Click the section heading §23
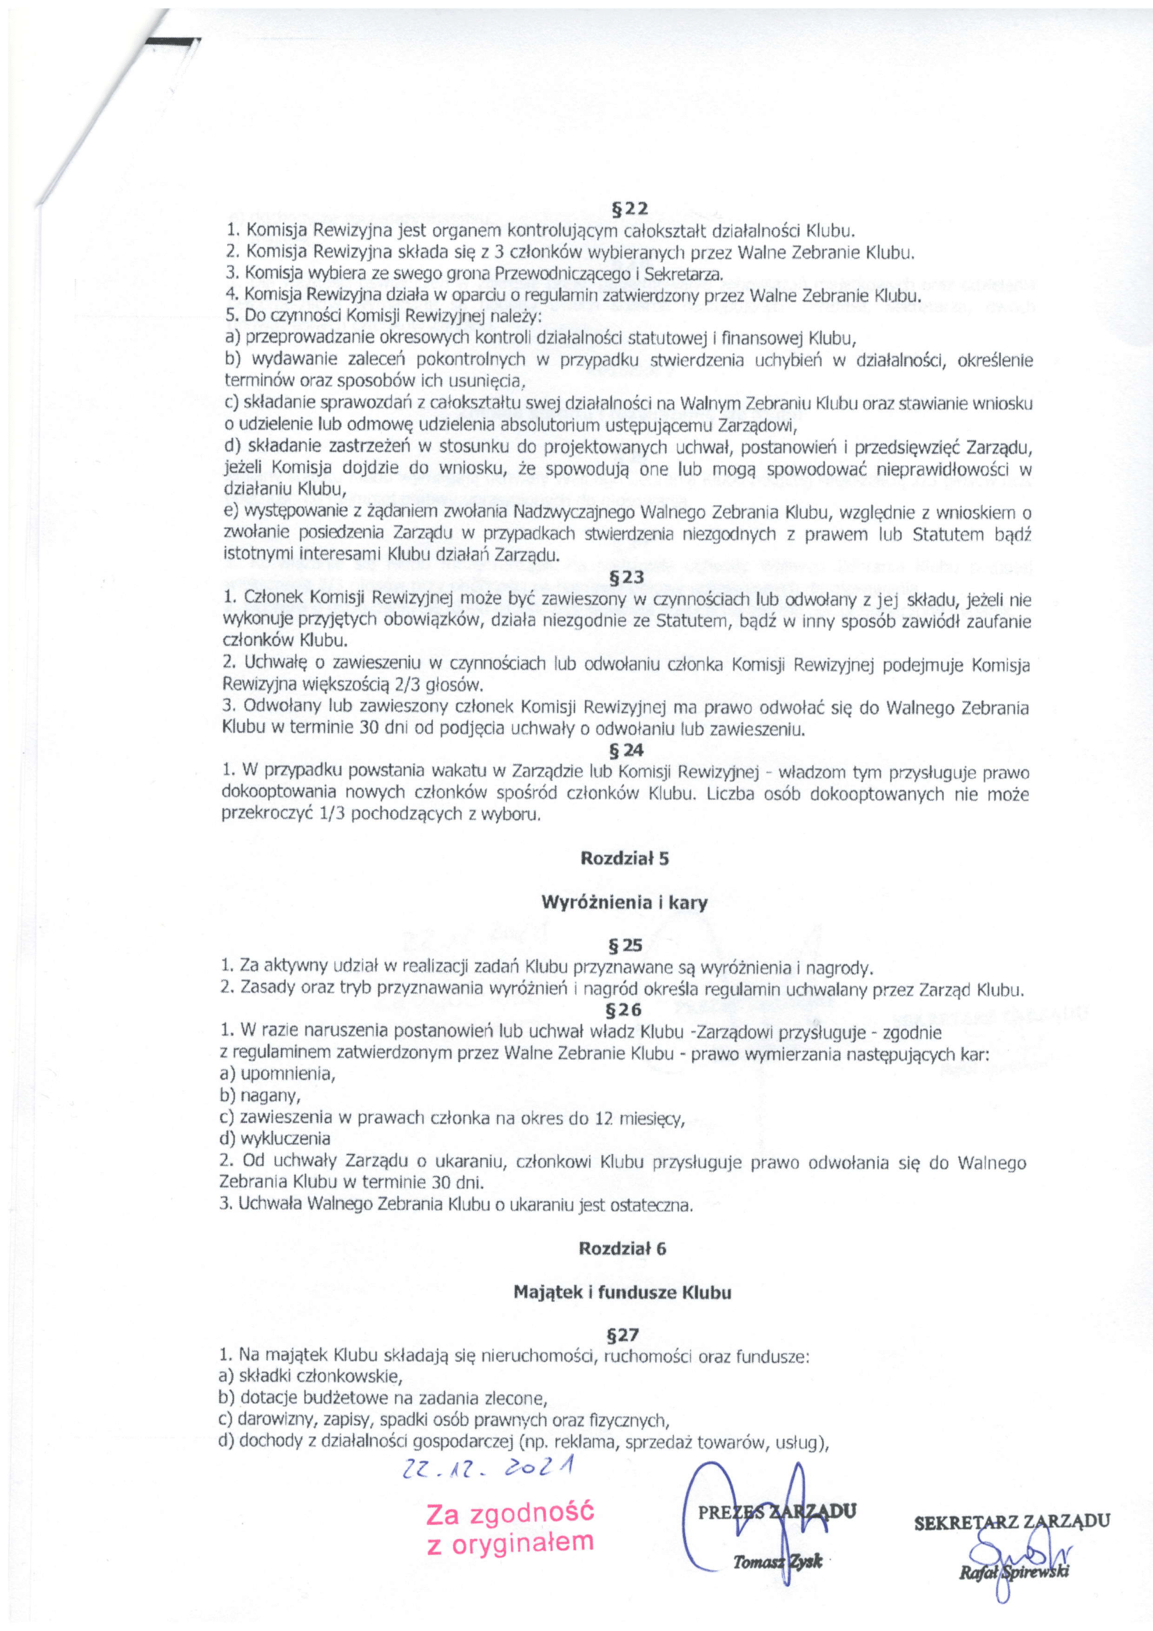pos(625,578)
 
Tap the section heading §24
pos(625,750)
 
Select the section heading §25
pos(625,946)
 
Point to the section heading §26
pos(625,1010)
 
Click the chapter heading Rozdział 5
pos(625,858)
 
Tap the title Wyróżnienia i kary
pos(625,903)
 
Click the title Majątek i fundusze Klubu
pos(622,1293)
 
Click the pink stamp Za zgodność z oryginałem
pos(510,1527)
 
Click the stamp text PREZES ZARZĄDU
pos(777,1510)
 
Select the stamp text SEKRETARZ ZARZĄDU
pos(1012,1522)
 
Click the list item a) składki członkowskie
pos(311,1375)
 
